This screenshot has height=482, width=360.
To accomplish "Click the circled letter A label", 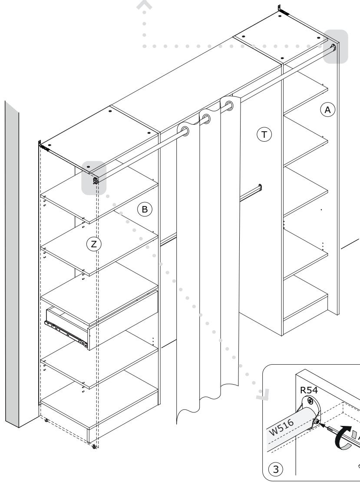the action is pos(327,110).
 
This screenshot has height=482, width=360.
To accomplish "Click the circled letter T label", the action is pos(264,134).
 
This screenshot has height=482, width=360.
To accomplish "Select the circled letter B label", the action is pos(144,209).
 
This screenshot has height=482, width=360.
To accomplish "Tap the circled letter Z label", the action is pos(94,244).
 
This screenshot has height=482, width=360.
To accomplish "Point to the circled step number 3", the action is pos(275,469).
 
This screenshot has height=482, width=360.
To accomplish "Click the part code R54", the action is pos(309,390).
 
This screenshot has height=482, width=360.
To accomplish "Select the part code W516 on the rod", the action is pos(281,427).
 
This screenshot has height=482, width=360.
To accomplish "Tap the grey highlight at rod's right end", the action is pos(335,47).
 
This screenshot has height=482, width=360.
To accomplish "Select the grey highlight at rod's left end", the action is pos(94,178).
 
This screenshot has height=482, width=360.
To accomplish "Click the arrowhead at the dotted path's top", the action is pos(144,6).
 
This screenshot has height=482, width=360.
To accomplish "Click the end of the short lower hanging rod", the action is pos(260,187).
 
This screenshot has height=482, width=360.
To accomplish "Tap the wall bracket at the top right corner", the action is pos(283,10).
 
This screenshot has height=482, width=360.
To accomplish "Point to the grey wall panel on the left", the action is pos(12,264).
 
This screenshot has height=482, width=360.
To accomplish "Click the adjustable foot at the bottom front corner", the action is pos(94,446).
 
